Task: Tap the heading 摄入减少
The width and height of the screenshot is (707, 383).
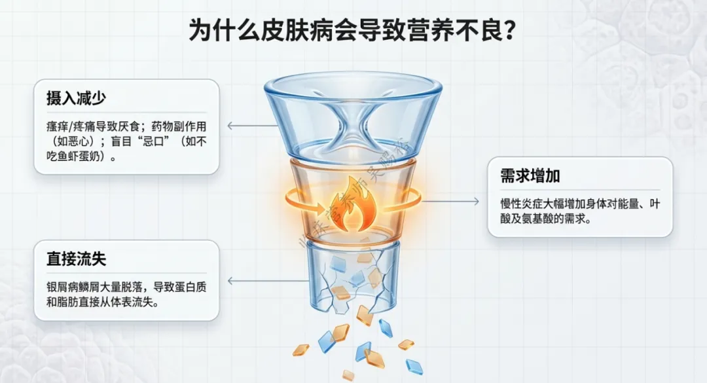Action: pos(77,99)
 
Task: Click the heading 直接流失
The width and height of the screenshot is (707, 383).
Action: pos(77,259)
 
